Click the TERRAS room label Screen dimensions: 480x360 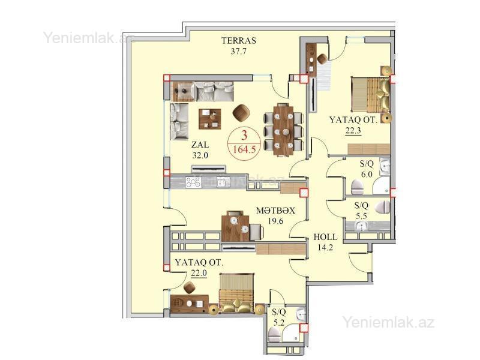click(239, 40)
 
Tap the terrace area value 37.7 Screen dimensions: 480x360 click(238, 51)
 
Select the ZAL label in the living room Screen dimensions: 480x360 click(200, 145)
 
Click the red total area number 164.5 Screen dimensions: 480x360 click(244, 150)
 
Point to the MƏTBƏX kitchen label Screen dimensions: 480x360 click(275, 211)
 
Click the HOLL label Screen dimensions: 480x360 click(325, 237)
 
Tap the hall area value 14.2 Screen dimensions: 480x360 click(325, 247)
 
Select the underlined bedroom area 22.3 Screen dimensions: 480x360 click(353, 131)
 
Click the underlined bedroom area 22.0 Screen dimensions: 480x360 click(199, 273)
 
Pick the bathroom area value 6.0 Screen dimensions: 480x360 click(367, 174)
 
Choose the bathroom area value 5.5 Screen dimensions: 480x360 click(361, 215)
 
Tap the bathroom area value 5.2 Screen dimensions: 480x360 click(279, 322)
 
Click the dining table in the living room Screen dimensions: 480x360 click(284, 130)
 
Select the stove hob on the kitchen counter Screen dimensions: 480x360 click(193, 182)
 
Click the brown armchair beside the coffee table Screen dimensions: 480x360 click(241, 113)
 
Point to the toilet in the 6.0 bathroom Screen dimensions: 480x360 click(356, 187)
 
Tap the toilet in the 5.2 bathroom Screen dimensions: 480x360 click(274, 335)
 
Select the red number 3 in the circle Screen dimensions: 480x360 click(244, 136)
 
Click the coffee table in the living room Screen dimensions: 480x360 click(209, 119)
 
